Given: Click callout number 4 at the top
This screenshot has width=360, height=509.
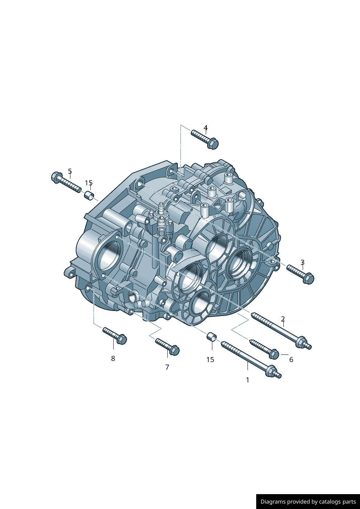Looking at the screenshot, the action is click(x=205, y=127).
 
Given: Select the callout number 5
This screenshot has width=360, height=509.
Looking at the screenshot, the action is click(x=70, y=171).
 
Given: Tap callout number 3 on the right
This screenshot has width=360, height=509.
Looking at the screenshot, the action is click(x=302, y=262).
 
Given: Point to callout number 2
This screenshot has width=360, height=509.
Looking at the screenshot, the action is click(x=283, y=319).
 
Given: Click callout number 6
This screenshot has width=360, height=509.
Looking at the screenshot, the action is click(x=291, y=360).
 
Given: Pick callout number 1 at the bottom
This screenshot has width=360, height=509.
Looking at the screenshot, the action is click(x=247, y=380).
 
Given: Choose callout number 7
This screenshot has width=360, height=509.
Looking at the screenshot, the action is click(x=167, y=367).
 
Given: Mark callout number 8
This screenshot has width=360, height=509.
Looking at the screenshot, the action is click(x=113, y=358).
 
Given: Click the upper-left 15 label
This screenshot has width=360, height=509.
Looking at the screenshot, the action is click(x=89, y=183).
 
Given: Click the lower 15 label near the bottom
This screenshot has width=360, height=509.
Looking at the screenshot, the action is click(x=210, y=360).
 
